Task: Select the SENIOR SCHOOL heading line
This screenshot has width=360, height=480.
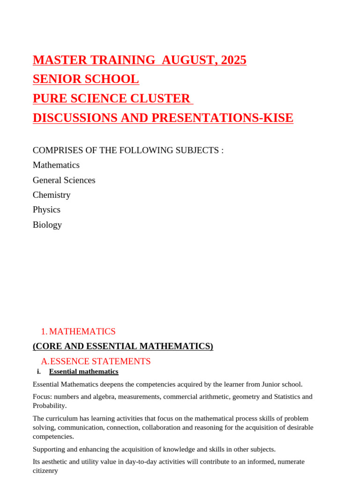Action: [x=86, y=80]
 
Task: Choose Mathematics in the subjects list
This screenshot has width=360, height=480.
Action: [x=56, y=165]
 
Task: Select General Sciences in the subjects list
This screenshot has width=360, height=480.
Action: [x=64, y=180]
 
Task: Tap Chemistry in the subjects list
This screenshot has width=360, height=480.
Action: [x=52, y=195]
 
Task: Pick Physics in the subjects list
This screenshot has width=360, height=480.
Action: [x=46, y=210]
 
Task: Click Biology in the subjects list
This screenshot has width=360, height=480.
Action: [x=47, y=225]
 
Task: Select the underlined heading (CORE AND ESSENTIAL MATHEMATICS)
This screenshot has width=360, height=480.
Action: [x=123, y=346]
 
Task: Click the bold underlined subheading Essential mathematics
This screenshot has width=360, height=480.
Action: [x=83, y=372]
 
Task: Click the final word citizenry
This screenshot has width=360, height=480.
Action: [x=45, y=471]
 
